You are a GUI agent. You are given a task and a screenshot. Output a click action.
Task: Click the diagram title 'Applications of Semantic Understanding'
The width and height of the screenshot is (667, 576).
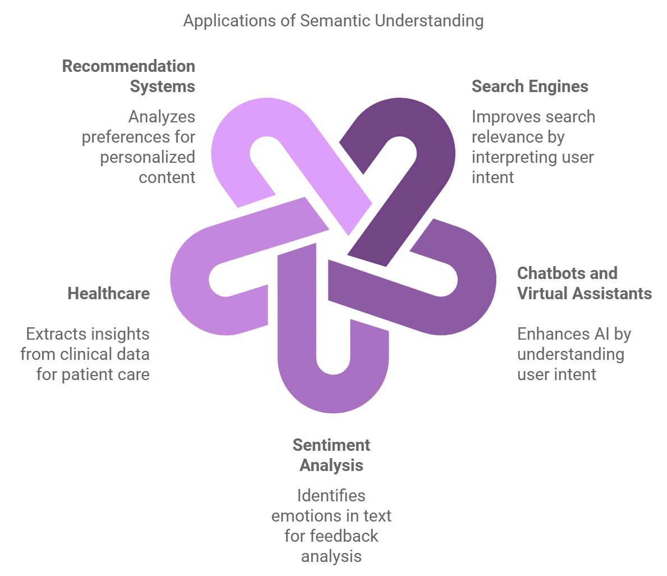(333, 21)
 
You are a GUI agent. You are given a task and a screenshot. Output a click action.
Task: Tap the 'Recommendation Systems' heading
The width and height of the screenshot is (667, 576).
(129, 76)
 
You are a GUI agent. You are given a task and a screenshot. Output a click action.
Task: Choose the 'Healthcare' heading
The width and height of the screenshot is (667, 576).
(108, 294)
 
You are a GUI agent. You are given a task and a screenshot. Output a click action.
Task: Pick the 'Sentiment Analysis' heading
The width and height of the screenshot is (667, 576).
(331, 455)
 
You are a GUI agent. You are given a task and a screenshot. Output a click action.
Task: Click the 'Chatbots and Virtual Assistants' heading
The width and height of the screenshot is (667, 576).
(584, 284)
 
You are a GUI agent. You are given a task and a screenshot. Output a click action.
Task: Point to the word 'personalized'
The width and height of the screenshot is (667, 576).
(148, 157)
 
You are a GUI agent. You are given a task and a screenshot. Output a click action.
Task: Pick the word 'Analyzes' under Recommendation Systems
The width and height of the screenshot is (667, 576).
(162, 117)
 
